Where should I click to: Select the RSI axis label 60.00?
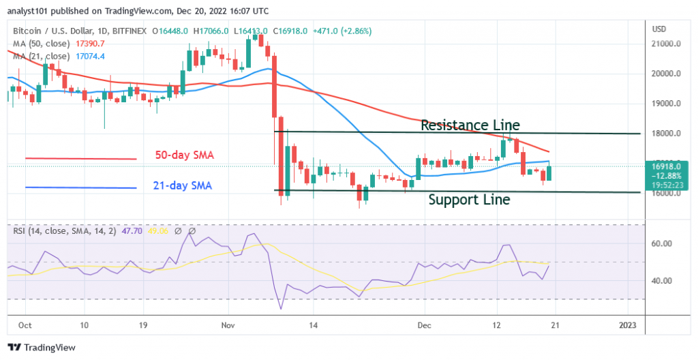[x=663, y=243]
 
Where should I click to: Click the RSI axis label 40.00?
[x=663, y=281]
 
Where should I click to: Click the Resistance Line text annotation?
[x=470, y=125]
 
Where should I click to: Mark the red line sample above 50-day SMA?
[x=81, y=158]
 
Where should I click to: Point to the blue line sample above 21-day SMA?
[x=81, y=187]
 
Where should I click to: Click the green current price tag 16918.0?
[x=669, y=164]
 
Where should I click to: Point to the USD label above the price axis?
[x=659, y=29]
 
